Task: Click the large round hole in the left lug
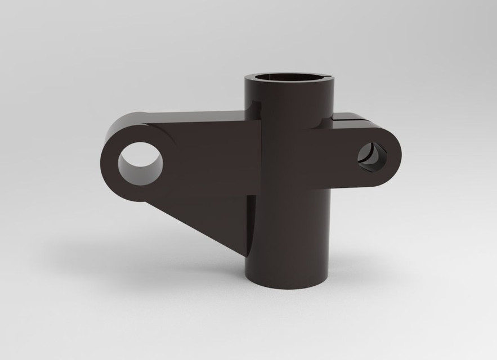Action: point(140,163)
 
